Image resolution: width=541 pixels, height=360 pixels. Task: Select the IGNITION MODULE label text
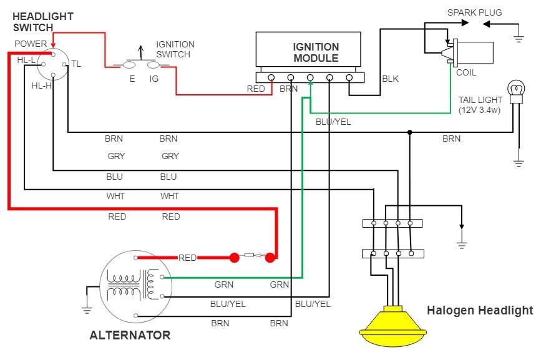point(316,52)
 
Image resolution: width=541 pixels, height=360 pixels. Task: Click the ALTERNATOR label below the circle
point(130,335)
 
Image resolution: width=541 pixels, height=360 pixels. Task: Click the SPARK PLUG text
point(474,12)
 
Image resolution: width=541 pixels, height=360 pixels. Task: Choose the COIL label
point(466,72)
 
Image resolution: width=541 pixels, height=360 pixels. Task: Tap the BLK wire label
point(390,79)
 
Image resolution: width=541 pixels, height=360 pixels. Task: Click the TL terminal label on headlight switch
point(76,64)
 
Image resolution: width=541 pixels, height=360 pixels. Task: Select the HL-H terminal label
point(41,85)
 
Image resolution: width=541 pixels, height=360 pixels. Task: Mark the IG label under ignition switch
point(154,79)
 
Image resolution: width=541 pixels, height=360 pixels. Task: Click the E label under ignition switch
point(132,79)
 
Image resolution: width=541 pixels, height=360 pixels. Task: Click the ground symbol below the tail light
point(518,163)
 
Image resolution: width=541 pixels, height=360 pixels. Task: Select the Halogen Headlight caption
point(480,310)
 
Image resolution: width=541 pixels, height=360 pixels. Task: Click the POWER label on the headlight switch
point(31,44)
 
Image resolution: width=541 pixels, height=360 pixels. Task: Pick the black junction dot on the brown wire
point(410,132)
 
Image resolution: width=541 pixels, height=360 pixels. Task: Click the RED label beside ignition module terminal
point(256,89)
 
